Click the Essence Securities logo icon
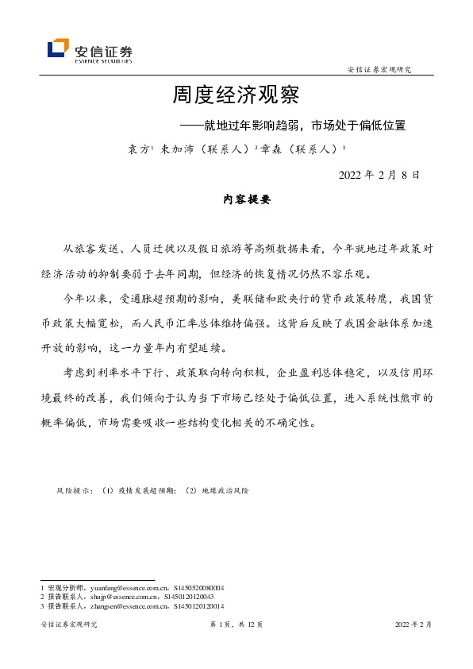tap(58, 48)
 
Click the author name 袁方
tap(138, 149)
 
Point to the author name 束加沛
tap(175, 149)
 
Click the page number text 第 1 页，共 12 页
tap(236, 625)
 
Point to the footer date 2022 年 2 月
tap(413, 625)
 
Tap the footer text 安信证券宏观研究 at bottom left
tap(68, 625)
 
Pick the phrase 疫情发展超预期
tap(148, 491)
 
